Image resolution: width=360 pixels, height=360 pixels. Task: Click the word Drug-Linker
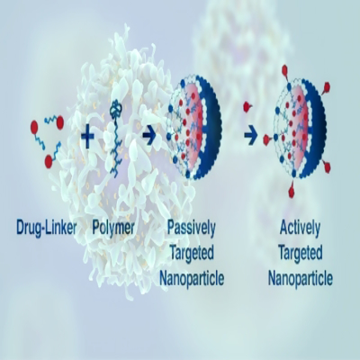47,228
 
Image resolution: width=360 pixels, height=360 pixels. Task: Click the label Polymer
113,229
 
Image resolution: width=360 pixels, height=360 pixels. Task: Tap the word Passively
192,229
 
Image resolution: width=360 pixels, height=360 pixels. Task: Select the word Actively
300,229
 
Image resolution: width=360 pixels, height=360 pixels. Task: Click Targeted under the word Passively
192,253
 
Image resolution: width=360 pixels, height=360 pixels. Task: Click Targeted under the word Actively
301,253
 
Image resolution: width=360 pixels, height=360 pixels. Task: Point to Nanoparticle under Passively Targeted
192,278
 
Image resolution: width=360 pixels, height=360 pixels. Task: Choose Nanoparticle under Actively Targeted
301,278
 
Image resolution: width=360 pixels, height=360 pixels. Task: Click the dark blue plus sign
87,136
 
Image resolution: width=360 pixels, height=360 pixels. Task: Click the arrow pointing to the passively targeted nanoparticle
149,136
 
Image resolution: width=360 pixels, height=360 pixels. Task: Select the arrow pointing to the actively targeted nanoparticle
251,136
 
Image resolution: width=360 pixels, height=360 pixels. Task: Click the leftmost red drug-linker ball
35,127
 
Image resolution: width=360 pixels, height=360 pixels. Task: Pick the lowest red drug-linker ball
49,162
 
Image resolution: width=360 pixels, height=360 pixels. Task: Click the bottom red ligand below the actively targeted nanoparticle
292,191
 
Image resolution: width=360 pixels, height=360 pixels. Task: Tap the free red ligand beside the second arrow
247,106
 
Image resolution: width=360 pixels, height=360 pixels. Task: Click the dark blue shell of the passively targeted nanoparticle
211,129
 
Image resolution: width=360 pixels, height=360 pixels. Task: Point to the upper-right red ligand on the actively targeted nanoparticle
326,87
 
